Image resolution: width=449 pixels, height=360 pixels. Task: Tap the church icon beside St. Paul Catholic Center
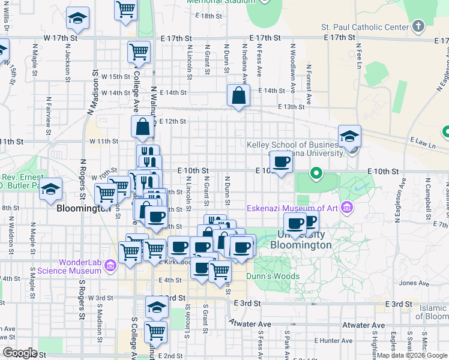tap(418, 26)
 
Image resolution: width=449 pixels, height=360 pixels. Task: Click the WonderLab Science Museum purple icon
tap(110, 265)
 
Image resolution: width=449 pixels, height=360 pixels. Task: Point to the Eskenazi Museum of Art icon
tap(346, 208)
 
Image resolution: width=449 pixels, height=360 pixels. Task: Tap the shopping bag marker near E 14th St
tap(238, 95)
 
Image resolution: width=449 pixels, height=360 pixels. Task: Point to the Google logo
tap(20, 353)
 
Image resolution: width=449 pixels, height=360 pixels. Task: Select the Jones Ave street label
tap(410, 283)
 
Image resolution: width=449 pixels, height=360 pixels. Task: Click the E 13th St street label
tap(292, 106)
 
